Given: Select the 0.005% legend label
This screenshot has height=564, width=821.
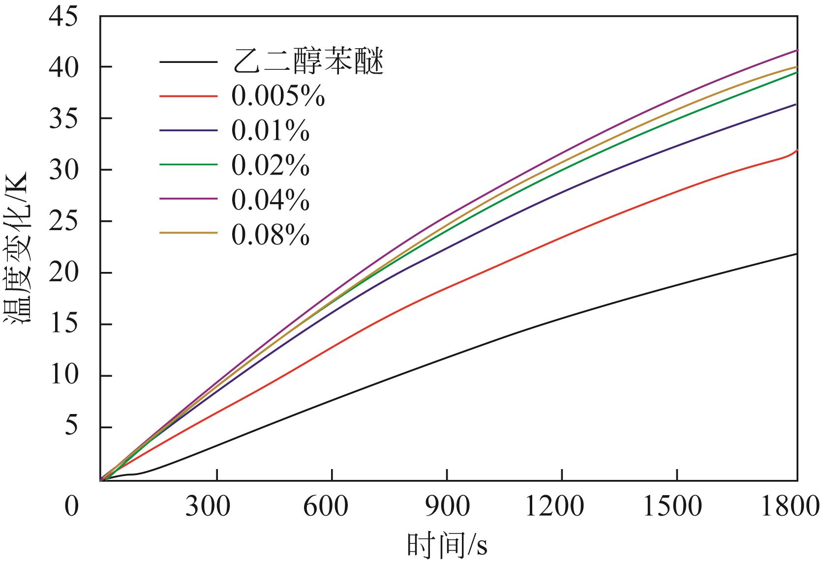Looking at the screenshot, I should click(278, 97).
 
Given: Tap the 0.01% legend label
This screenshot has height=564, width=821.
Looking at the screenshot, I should click(271, 131).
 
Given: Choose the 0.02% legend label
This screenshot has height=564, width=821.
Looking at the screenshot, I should click(271, 166).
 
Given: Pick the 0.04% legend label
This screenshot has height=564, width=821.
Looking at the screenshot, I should click(271, 200).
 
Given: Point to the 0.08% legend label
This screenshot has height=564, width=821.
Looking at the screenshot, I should click(271, 236).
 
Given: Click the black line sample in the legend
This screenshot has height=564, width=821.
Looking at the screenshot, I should click(188, 62).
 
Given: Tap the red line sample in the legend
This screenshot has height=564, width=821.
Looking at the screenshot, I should click(188, 96).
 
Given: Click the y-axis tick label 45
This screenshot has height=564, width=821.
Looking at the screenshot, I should click(63, 17).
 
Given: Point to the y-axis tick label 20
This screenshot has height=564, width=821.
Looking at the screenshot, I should click(63, 273).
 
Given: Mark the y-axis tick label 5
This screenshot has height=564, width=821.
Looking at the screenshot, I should click(71, 427).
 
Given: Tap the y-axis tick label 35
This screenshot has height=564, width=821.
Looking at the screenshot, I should click(63, 119).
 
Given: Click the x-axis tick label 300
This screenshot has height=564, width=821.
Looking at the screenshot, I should click(207, 506).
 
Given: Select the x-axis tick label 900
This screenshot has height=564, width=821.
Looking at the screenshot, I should click(447, 506).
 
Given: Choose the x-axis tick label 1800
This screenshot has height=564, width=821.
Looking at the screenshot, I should click(790, 506).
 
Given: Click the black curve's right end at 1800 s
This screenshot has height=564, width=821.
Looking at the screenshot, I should click(795, 254).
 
